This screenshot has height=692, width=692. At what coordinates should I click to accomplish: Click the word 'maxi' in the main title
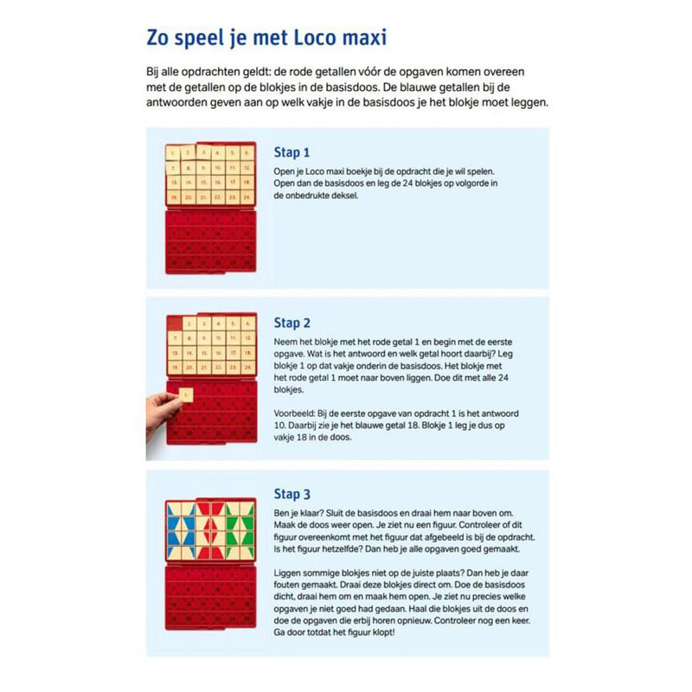[x=357, y=40]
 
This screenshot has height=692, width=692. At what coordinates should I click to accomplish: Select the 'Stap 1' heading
[x=292, y=152]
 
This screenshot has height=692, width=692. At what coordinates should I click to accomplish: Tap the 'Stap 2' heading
[x=292, y=323]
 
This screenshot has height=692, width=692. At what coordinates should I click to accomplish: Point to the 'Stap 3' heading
[x=292, y=494]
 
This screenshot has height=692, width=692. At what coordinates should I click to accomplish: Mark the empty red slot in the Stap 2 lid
[x=174, y=324]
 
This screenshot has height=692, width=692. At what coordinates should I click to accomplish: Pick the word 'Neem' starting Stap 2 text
[x=286, y=342]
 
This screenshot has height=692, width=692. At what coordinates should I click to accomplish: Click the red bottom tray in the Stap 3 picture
[x=210, y=601]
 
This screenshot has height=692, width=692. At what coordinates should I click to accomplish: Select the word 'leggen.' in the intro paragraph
[x=529, y=103]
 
